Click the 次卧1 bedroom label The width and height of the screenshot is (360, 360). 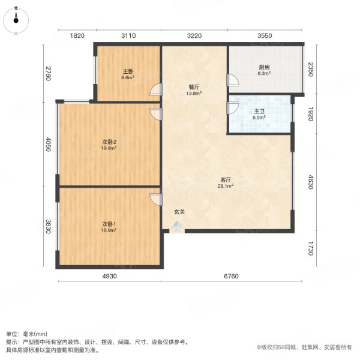click(108, 226)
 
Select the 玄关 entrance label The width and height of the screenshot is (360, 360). click(179, 212)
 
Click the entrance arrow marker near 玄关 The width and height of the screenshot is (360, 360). click(178, 227)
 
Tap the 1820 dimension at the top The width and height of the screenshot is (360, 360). click(77, 36)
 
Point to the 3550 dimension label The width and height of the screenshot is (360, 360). click(265, 36)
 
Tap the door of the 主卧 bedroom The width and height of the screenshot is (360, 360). click(156, 91)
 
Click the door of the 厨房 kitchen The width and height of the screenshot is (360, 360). click(232, 80)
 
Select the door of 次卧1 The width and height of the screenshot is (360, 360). click(156, 200)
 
